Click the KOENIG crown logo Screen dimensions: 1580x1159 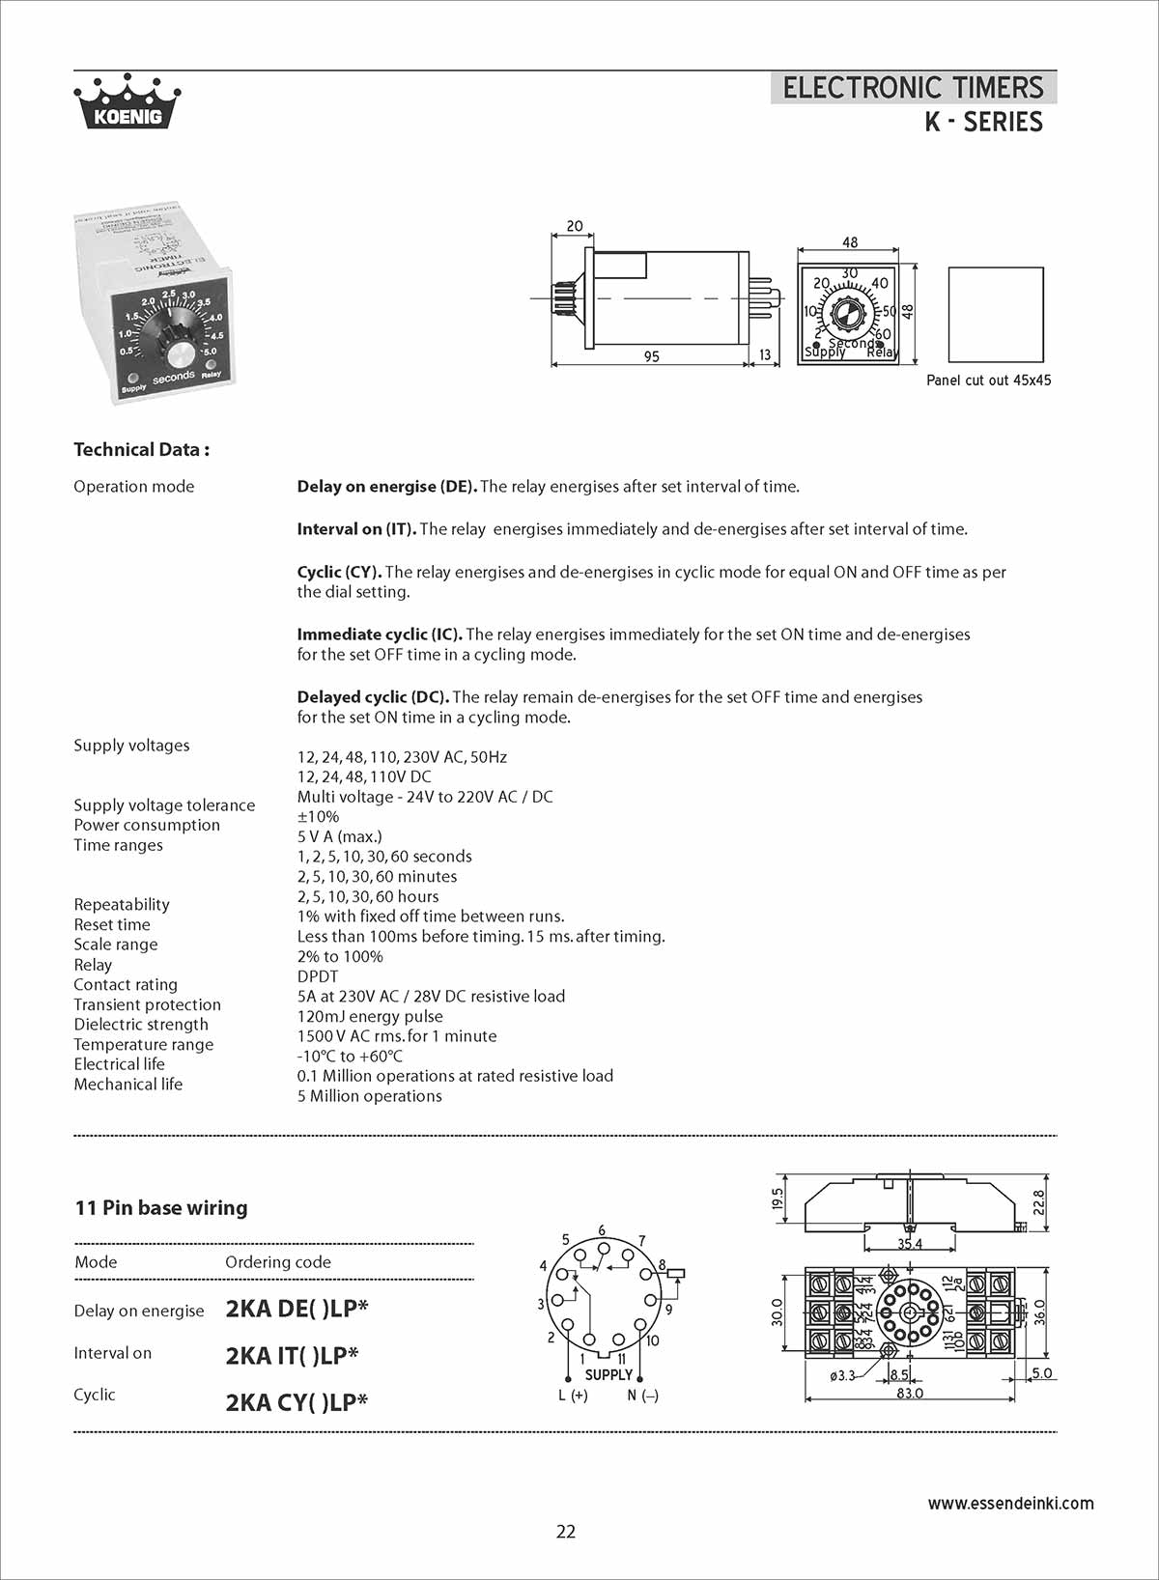(127, 101)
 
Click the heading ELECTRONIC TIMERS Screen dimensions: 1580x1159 (913, 88)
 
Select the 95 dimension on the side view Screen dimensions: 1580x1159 (652, 356)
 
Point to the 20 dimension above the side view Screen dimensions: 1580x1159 (575, 226)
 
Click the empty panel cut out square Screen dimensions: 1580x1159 (996, 315)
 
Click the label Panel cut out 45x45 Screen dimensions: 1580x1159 (988, 381)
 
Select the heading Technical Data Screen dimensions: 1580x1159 (142, 449)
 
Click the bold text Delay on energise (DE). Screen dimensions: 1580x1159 (386, 487)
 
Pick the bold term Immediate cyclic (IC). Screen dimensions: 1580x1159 (380, 635)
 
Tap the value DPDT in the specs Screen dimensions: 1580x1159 (318, 976)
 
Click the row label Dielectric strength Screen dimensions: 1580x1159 (141, 1025)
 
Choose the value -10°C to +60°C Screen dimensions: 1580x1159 (350, 1056)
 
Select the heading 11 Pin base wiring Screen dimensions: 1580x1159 (161, 1208)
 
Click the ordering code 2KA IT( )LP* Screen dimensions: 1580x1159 (292, 1356)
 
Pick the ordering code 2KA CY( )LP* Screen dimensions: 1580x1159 (297, 1402)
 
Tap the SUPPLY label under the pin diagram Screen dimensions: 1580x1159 (608, 1374)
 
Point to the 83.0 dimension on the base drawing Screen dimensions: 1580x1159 (910, 1394)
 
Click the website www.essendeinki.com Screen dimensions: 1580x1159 (1010, 1503)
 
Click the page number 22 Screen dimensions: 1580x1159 (566, 1532)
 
